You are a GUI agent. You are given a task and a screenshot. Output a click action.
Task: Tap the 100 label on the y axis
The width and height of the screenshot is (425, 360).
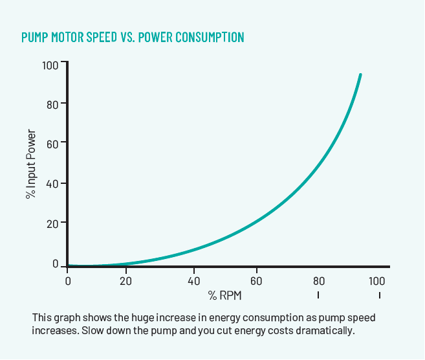50,65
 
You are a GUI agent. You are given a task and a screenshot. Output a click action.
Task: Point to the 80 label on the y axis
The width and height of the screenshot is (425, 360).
52,104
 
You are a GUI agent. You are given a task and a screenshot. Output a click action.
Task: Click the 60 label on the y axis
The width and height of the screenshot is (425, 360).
52,144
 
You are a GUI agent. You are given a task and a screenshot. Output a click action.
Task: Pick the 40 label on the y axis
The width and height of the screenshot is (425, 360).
52,184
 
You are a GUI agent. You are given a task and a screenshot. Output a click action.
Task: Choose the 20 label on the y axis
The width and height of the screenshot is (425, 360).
52,223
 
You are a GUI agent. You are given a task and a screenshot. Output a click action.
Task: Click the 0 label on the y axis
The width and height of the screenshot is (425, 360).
55,264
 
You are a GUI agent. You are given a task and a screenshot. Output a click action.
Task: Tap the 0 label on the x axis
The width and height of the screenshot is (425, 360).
68,281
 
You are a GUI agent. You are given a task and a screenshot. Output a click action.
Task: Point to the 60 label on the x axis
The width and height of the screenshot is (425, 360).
257,281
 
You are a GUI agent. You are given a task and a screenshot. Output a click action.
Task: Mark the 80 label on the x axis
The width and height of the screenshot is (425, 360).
318,281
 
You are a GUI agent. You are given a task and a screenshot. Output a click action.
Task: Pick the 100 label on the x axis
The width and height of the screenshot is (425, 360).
377,281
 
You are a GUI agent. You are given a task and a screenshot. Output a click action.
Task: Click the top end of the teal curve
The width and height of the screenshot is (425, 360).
360,75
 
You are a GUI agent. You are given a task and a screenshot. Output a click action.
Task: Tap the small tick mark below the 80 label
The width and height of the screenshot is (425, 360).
318,295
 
